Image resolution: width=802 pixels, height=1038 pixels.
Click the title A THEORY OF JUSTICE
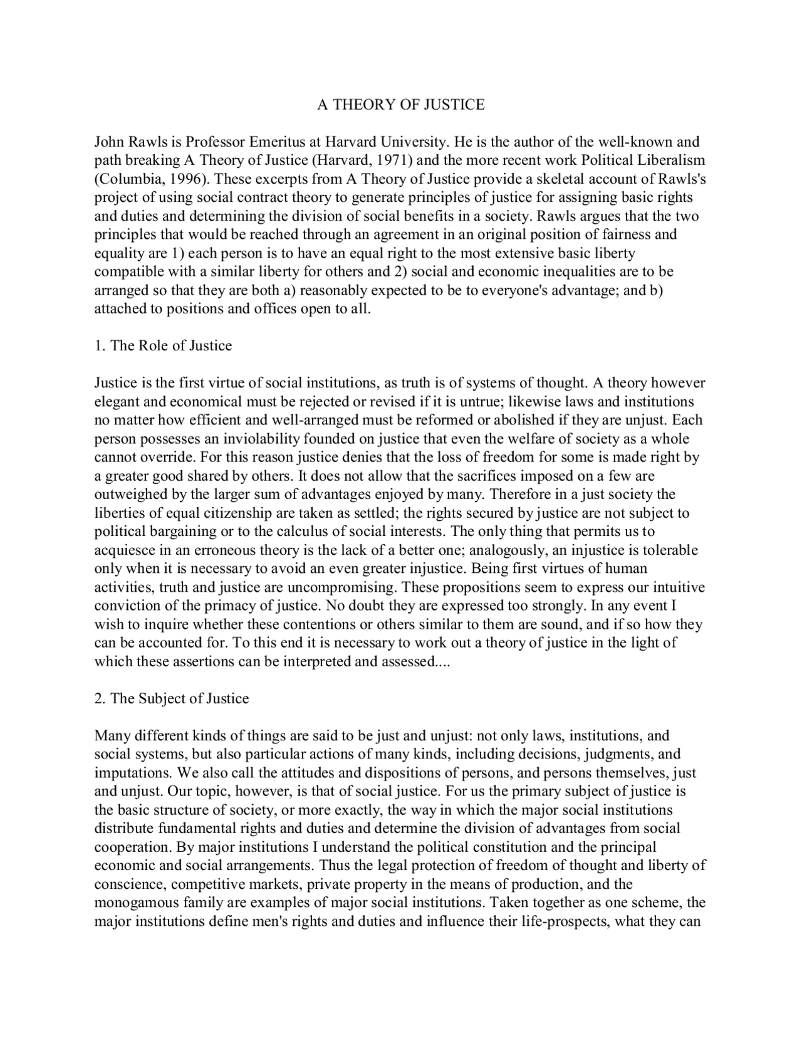click(x=401, y=104)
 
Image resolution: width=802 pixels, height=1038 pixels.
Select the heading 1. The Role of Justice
click(x=163, y=346)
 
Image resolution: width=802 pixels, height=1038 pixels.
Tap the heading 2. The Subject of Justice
click(x=171, y=699)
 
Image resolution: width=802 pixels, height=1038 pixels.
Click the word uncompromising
click(x=341, y=588)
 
